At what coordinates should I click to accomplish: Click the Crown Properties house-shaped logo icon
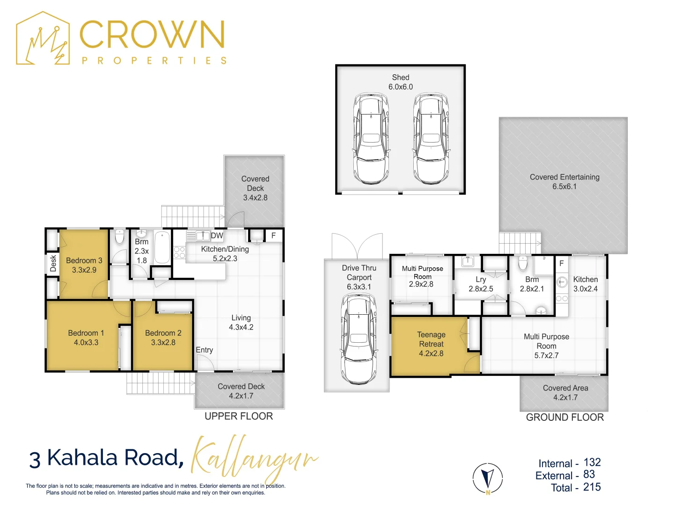43,38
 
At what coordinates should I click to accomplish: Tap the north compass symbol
488,478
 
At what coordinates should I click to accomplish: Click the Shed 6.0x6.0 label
401,82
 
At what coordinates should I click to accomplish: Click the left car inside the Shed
371,139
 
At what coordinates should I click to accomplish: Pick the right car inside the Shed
431,139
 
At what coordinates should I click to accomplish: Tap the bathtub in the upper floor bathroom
162,247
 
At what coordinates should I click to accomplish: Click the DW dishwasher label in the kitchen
217,236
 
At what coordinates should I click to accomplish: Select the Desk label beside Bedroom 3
53,263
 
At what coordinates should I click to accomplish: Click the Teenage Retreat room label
431,344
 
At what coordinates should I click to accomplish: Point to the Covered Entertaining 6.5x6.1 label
564,182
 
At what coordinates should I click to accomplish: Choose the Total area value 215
592,487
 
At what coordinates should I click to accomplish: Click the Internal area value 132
592,462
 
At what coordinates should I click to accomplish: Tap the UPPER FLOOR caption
239,416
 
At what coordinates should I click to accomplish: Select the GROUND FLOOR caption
565,417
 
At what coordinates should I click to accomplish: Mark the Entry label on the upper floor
204,350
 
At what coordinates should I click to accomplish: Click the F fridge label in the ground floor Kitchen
562,263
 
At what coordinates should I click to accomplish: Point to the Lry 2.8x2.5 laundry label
481,284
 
